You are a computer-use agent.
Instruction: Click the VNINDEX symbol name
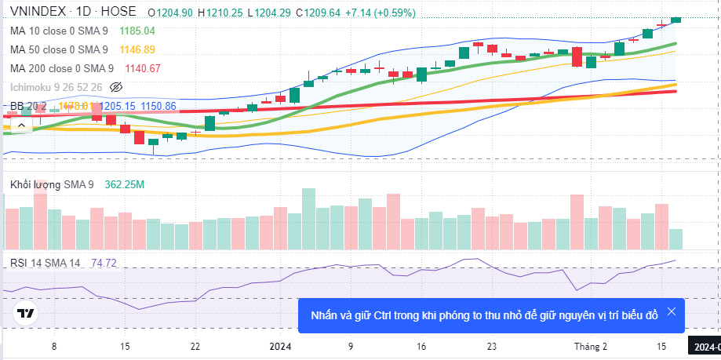(x=38, y=13)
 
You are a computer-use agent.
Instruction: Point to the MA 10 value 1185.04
(x=137, y=31)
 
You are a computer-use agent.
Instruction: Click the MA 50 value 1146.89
(x=137, y=49)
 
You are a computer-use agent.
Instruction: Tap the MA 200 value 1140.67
(x=143, y=68)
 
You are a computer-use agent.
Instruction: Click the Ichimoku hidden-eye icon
(x=117, y=86)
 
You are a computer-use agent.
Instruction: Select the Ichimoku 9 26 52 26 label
(x=56, y=86)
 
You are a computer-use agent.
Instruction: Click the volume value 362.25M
(x=124, y=184)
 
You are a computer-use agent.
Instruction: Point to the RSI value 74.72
(x=104, y=263)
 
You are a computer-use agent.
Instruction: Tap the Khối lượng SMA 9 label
(x=52, y=184)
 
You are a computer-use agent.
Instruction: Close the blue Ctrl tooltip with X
(x=671, y=311)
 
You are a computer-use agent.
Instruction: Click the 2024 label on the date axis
(x=280, y=346)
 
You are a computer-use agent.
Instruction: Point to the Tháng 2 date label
(x=590, y=346)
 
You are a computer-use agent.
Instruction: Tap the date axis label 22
(x=195, y=346)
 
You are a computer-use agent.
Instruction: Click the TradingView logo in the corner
(x=25, y=314)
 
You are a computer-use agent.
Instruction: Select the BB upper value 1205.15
(x=118, y=106)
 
